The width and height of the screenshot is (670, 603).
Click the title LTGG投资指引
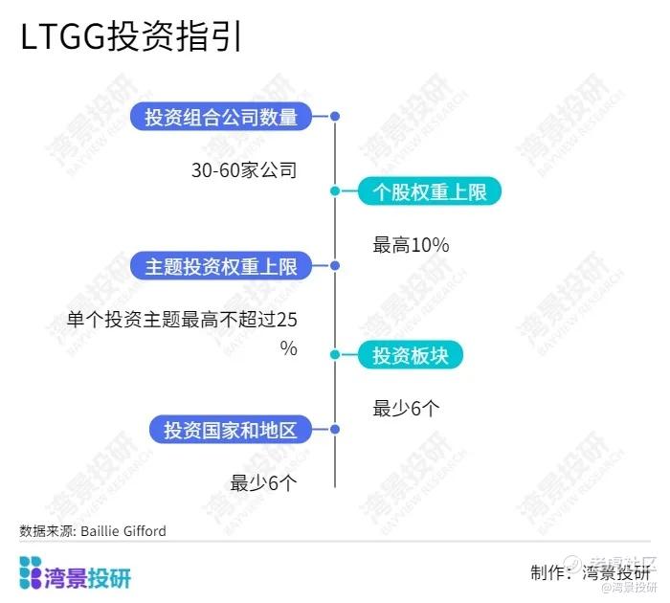coord(131,36)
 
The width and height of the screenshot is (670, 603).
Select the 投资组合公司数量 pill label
coord(221,116)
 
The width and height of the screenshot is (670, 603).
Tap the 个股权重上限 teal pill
coord(430,191)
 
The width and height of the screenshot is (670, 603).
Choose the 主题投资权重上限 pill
coord(221,266)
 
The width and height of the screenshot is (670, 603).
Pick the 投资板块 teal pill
coord(411,355)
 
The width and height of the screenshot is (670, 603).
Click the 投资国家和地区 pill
coord(231,429)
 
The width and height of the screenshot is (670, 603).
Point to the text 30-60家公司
coord(244,170)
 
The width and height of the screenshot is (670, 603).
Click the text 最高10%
coord(411,245)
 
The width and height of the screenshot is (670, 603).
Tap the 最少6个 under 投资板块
coord(406,408)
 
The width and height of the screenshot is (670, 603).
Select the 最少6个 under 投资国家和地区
coord(263,483)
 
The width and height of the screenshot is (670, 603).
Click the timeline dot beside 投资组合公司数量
coord(335,116)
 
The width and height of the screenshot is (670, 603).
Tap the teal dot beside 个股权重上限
coord(335,190)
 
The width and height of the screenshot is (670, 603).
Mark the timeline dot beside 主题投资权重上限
coord(335,265)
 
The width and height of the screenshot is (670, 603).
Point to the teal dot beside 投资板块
coord(335,354)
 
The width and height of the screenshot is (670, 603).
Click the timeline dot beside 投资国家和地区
coord(335,429)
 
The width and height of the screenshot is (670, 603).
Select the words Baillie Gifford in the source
coord(123,531)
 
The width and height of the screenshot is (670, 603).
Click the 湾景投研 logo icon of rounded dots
coord(31,572)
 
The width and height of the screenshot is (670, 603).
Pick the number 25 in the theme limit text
coord(287,320)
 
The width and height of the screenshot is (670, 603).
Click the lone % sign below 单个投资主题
coord(289,348)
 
